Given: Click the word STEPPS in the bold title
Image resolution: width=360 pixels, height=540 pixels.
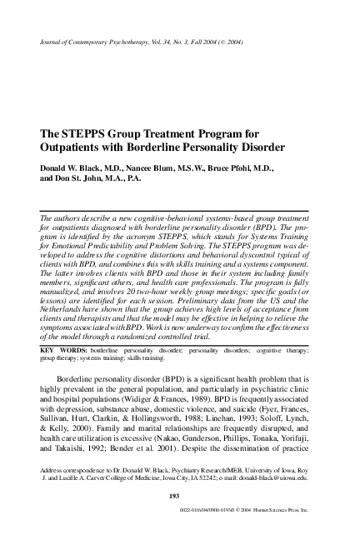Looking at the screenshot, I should point(80,133).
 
